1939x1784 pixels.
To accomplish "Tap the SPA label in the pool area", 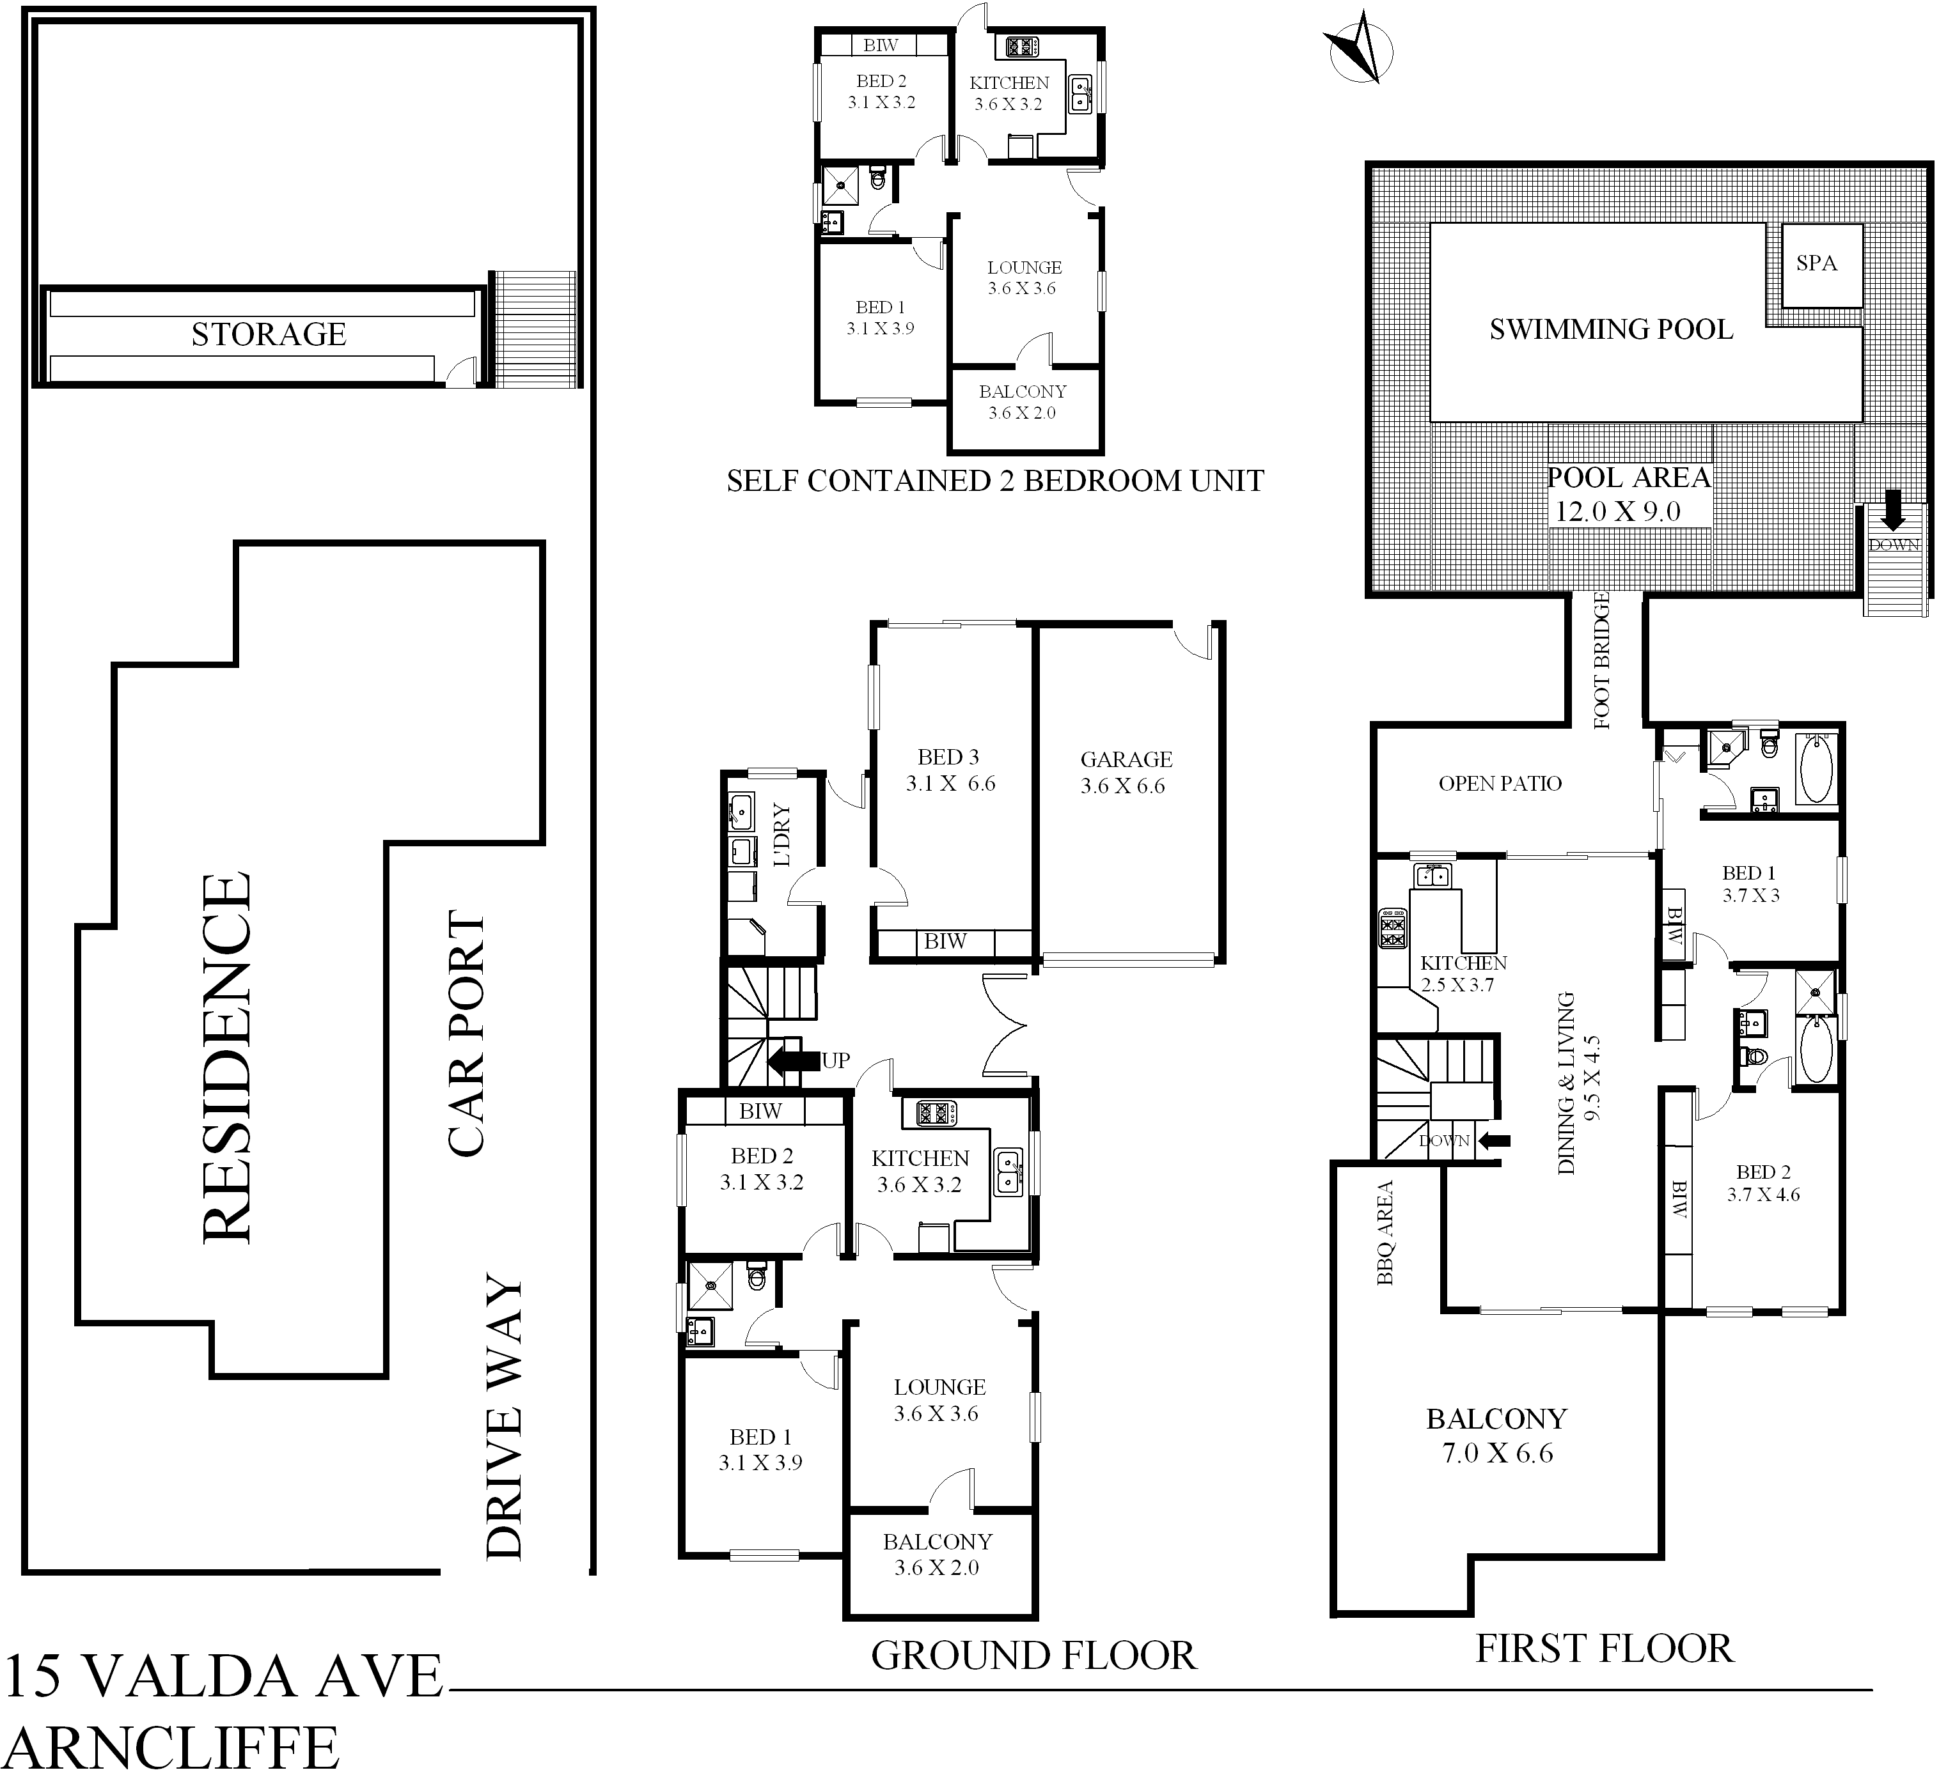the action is [1816, 263].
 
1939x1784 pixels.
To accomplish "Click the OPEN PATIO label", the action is [1500, 784].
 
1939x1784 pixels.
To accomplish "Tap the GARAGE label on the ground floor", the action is [1126, 760].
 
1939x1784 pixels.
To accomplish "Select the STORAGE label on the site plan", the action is [269, 334].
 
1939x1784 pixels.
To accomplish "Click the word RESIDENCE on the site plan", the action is [228, 1057].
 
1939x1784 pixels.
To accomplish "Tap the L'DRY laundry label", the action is [781, 834].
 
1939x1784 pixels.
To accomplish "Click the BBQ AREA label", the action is [1385, 1233].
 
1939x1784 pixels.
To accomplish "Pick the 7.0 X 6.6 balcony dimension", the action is [1498, 1453].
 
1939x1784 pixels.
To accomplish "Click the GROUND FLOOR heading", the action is [1033, 1655].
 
